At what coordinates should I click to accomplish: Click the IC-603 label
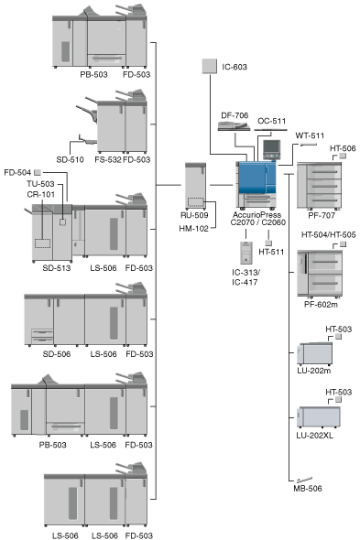tap(235, 67)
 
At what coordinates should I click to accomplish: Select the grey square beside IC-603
tap(209, 66)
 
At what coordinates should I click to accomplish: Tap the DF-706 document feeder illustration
tap(234, 126)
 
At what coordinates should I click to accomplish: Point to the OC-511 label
tap(272, 121)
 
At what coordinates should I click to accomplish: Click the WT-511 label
tap(310, 135)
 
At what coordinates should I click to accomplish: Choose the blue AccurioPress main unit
tap(256, 185)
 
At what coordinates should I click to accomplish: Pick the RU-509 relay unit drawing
tap(195, 187)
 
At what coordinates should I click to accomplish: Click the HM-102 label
tap(194, 228)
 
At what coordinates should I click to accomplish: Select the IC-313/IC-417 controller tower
tap(246, 254)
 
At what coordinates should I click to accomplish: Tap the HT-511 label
tap(271, 252)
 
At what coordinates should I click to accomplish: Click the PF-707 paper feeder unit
tap(320, 185)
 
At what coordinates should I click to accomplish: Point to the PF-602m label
tap(321, 305)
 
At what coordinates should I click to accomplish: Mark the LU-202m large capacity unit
tap(315, 353)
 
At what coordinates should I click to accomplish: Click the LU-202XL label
tap(315, 436)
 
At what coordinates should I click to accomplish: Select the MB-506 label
tap(308, 488)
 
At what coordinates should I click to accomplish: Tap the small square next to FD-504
tap(38, 172)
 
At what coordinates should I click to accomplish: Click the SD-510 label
tap(70, 159)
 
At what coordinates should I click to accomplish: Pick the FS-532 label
tap(108, 159)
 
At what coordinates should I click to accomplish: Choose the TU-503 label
tap(40, 184)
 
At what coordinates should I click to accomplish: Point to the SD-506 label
tap(57, 353)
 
